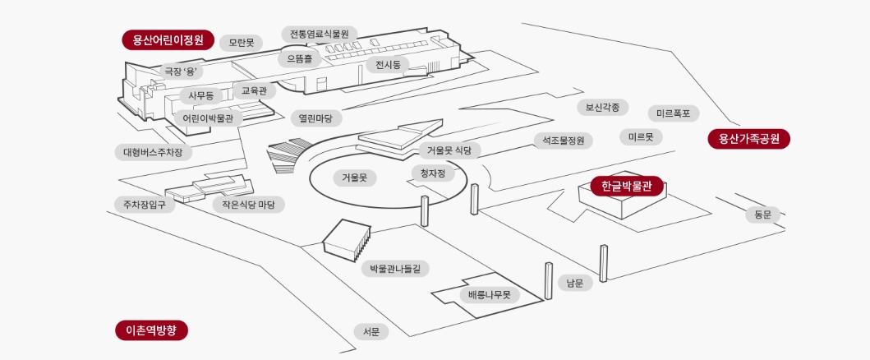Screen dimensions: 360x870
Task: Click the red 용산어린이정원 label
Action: pyautogui.click(x=168, y=40)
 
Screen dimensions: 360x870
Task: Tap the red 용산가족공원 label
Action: pyautogui.click(x=748, y=139)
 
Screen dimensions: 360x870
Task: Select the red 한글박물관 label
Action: pyautogui.click(x=626, y=187)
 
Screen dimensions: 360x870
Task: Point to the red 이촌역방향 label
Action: pyautogui.click(x=152, y=330)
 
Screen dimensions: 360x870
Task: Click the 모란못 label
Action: pyautogui.click(x=241, y=42)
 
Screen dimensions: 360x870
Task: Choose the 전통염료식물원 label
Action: pyautogui.click(x=320, y=34)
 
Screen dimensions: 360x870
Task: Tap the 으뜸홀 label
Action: pyautogui.click(x=299, y=58)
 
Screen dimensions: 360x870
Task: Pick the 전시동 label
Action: pyautogui.click(x=387, y=65)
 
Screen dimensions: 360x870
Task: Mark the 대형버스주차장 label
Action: pyautogui.click(x=153, y=152)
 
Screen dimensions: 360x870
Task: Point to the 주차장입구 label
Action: pyautogui.click(x=144, y=205)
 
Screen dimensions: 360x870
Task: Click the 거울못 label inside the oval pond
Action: pyautogui.click(x=354, y=177)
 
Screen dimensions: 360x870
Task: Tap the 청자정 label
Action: pyautogui.click(x=432, y=173)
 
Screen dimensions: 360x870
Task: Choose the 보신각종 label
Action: pyautogui.click(x=602, y=107)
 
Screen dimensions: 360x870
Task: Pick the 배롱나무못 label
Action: pyautogui.click(x=489, y=294)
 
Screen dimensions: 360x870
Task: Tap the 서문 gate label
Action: pyautogui.click(x=371, y=331)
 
